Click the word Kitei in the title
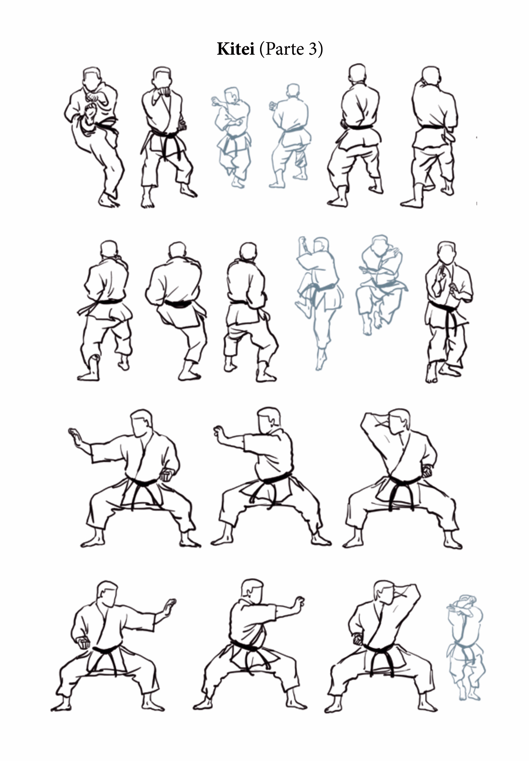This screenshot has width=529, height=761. click(236, 49)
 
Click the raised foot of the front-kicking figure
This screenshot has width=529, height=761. click(90, 111)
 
